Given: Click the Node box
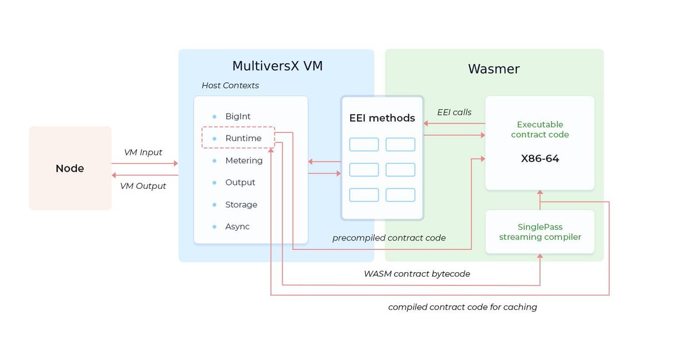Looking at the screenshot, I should [x=70, y=168].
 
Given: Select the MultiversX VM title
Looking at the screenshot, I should [x=277, y=66].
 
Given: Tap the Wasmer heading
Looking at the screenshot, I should [x=494, y=69].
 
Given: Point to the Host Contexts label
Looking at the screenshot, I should [x=230, y=86].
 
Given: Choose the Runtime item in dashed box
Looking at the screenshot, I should [x=243, y=138].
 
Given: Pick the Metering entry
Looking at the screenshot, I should [x=244, y=161].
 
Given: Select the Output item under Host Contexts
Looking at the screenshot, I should [x=240, y=183].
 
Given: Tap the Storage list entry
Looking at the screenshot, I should [x=241, y=205].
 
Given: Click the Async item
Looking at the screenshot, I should [x=237, y=227].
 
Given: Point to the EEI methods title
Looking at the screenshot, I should [x=382, y=118].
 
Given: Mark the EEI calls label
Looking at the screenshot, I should [x=454, y=113].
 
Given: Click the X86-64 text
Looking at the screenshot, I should [x=540, y=158].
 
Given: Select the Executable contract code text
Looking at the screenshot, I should [x=540, y=130].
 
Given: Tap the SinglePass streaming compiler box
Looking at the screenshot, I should [x=540, y=232].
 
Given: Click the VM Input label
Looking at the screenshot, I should [x=143, y=153].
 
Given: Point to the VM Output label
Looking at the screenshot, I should [x=143, y=186].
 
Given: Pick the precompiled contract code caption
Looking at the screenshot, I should [x=389, y=238].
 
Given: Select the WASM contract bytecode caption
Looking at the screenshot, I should [x=417, y=274].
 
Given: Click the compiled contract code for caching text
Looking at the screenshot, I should [x=462, y=307].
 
